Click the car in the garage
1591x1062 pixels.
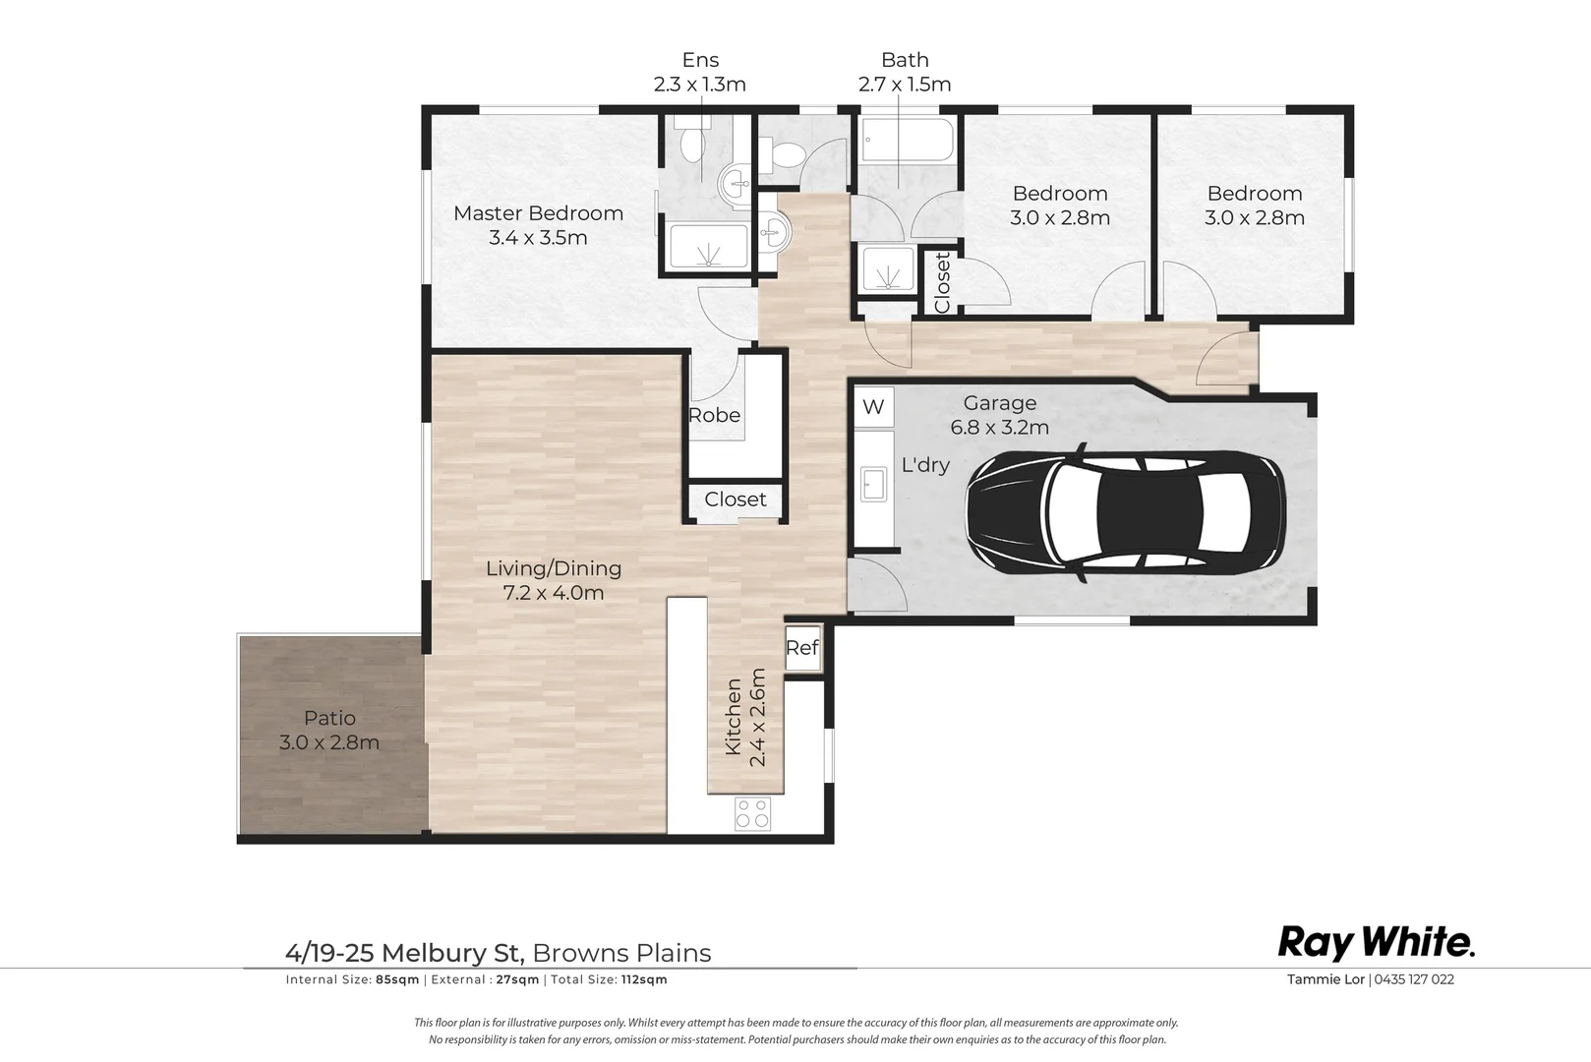coord(1125,510)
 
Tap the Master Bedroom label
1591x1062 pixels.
coord(539,213)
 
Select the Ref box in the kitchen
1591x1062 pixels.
coord(802,647)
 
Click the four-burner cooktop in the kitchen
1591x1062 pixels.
coord(753,813)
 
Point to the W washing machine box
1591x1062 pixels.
coord(873,407)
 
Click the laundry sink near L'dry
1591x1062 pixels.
coord(873,485)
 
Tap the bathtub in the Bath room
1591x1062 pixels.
coord(906,140)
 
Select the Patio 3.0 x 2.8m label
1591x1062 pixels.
coord(329,731)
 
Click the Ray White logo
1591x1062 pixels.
coord(1377,943)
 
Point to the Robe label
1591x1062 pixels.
coord(715,415)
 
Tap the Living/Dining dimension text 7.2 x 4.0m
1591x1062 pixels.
coord(554,592)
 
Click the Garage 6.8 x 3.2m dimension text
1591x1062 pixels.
coord(1000,427)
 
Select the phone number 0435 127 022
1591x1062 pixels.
coord(1414,979)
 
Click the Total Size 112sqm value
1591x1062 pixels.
coord(644,979)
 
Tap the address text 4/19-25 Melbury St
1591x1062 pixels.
coord(405,953)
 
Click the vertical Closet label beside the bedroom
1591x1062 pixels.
coord(942,283)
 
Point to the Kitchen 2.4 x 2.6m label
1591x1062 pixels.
coord(745,717)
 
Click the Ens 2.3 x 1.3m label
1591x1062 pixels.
coord(700,72)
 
